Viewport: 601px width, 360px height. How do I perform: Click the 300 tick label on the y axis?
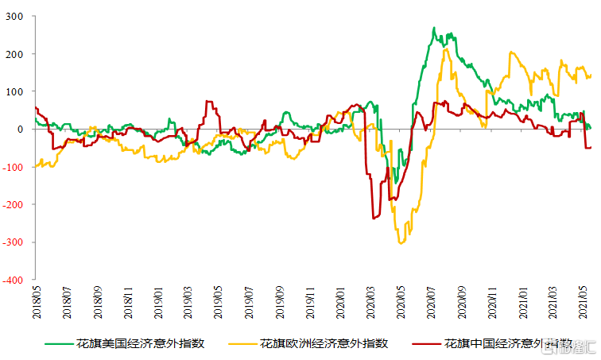pos(15,16)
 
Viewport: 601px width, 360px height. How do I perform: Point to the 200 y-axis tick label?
pos(15,54)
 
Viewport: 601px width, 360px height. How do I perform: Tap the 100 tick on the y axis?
pos(15,91)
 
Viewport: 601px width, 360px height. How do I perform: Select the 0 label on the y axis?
pos(21,130)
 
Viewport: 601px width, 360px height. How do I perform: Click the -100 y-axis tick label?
pos(14,167)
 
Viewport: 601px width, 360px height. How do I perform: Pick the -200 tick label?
pos(14,205)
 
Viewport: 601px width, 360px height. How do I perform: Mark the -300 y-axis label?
pos(14,242)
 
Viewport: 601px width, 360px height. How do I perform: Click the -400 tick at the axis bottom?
pos(14,281)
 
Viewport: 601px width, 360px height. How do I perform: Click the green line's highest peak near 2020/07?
pos(434,29)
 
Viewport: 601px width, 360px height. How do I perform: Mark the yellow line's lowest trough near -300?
pos(401,242)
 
